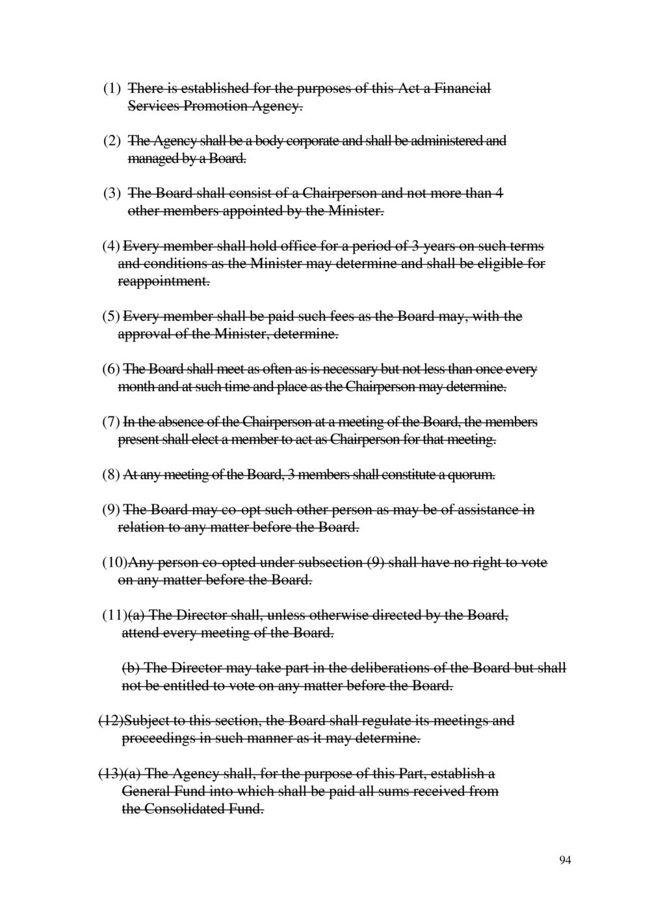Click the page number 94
pyautogui.click(x=565, y=861)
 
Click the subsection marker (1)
pyautogui.click(x=112, y=88)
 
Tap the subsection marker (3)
pyautogui.click(x=112, y=194)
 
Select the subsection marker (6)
pyautogui.click(x=110, y=370)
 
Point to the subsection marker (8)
pyautogui.click(x=110, y=475)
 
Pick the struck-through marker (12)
pyautogui.click(x=110, y=721)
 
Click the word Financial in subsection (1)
pyautogui.click(x=461, y=88)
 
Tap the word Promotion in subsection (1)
pyautogui.click(x=213, y=106)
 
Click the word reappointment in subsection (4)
pyautogui.click(x=163, y=282)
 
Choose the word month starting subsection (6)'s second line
pyautogui.click(x=135, y=387)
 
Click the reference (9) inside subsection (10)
pyautogui.click(x=376, y=563)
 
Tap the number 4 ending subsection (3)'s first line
pyautogui.click(x=499, y=194)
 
